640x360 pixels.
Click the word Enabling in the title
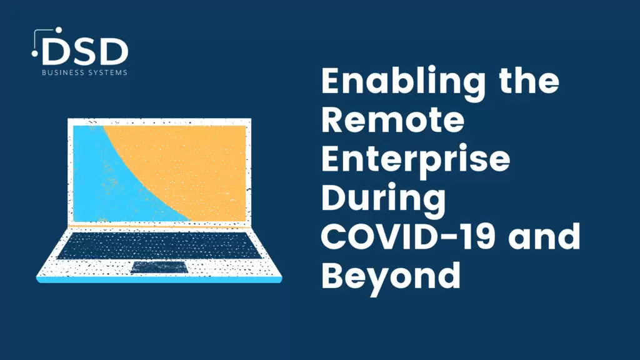coord(403,83)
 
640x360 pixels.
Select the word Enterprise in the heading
coord(416,161)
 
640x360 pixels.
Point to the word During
coord(383,199)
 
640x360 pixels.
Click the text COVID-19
coord(408,237)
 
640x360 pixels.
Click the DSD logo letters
coord(85,51)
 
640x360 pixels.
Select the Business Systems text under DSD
coord(84,72)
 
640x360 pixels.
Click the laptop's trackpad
coord(159,267)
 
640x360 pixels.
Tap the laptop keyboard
coord(159,245)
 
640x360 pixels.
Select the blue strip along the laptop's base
coord(159,280)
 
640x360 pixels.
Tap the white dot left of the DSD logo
coord(35,54)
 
